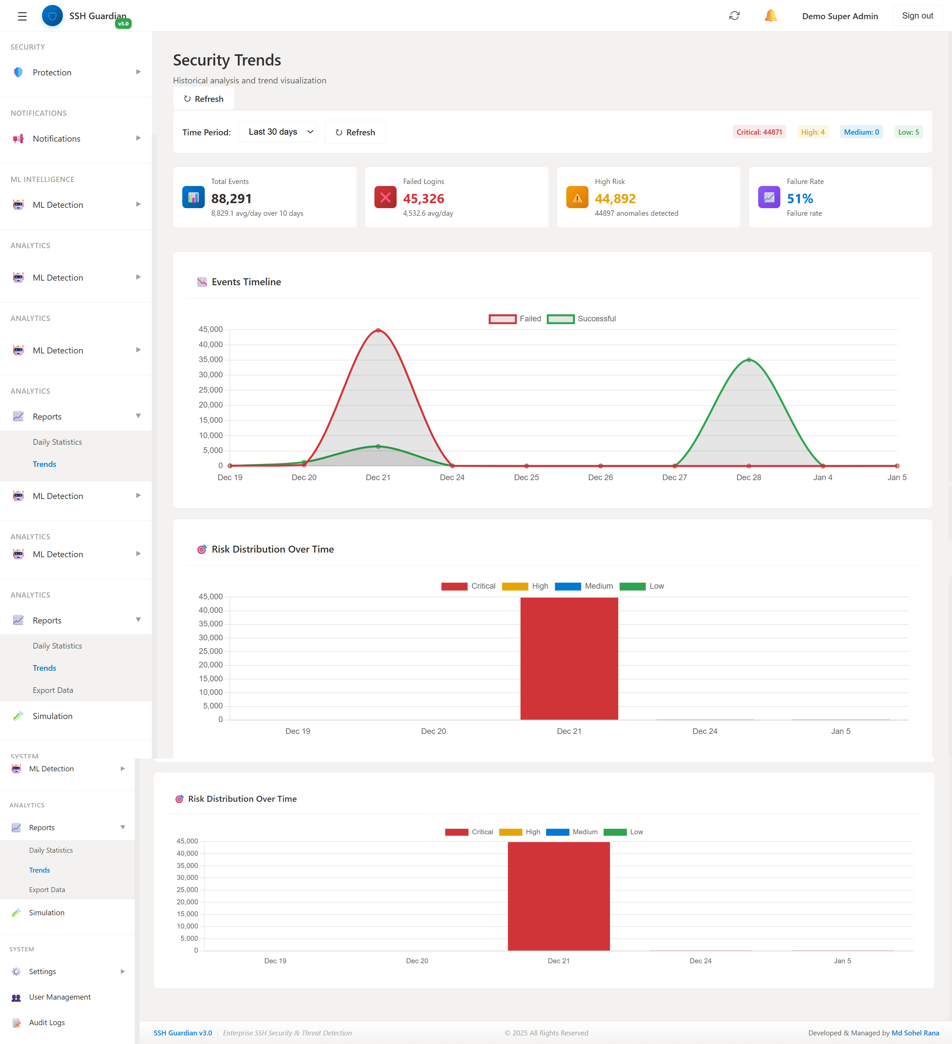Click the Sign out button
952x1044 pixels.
(917, 16)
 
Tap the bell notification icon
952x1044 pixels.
(770, 16)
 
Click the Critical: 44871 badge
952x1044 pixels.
(758, 132)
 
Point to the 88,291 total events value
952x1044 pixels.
(232, 198)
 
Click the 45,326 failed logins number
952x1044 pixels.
(423, 198)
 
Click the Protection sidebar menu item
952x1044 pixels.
(52, 72)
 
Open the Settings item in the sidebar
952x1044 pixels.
(42, 972)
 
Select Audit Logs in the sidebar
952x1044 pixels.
(47, 1022)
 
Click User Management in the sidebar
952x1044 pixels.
(60, 997)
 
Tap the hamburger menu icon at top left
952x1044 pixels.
(22, 16)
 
